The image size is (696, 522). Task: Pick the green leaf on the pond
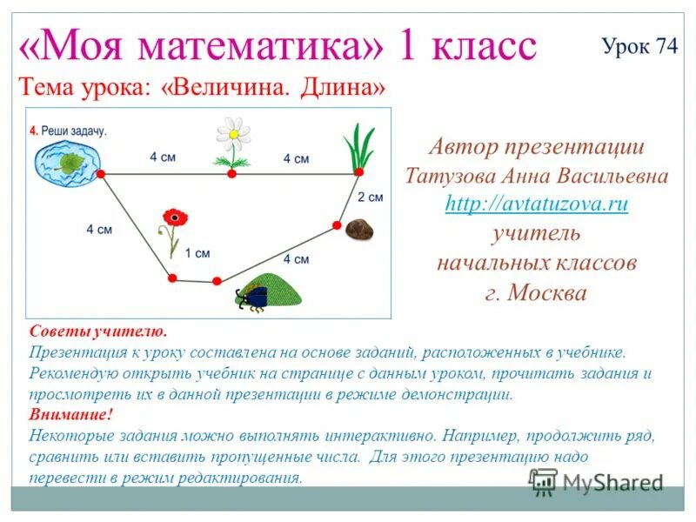point(66,162)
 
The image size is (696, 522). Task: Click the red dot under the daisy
point(232,174)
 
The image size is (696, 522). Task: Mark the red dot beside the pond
point(100,174)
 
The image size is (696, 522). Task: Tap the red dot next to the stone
point(337,225)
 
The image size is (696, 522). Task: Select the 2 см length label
point(370,197)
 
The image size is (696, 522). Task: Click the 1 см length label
point(197,253)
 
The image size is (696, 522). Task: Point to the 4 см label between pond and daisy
point(163,157)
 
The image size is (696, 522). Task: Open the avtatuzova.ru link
point(536,204)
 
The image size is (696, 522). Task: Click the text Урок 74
point(639,47)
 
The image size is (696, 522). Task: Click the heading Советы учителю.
point(97,332)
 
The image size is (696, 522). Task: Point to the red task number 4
point(33,130)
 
